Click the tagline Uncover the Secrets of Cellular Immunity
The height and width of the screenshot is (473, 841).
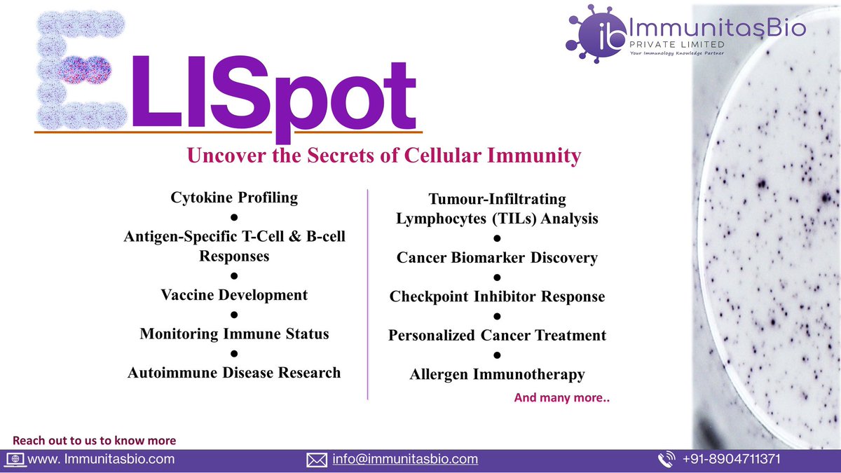[x=383, y=156]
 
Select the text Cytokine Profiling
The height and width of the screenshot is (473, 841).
[x=234, y=198]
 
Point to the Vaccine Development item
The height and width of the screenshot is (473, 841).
[x=234, y=294]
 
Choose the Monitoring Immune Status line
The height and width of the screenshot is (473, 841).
[x=234, y=334]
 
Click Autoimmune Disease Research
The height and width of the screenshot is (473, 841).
[x=234, y=372]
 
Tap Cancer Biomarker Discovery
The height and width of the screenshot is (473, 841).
[x=497, y=258]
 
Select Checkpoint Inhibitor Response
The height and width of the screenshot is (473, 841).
[x=497, y=296]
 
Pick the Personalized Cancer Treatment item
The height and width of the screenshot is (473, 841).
[x=497, y=335]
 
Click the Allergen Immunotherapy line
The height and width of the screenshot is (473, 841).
[x=497, y=375]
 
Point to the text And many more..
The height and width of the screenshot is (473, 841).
[x=561, y=397]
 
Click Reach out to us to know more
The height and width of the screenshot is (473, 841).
[x=95, y=441]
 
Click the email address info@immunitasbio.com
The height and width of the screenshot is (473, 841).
[x=405, y=460]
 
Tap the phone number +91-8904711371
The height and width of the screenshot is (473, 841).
[x=731, y=460]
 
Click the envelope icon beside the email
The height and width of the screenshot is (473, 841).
[x=317, y=460]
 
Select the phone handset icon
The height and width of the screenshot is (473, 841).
[x=666, y=460]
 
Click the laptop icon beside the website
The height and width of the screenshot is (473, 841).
[x=15, y=460]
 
